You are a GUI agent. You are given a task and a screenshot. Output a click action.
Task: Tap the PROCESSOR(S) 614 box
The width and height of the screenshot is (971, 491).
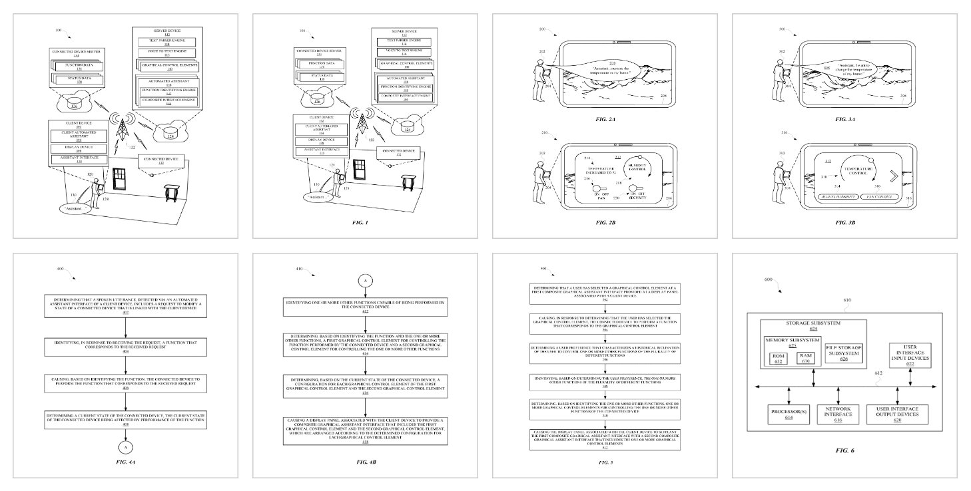[x=788, y=413]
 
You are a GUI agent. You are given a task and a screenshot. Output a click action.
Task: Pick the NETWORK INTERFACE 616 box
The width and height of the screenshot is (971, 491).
[x=838, y=413]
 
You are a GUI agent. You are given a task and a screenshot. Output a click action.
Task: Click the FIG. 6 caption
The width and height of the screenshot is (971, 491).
[x=844, y=451]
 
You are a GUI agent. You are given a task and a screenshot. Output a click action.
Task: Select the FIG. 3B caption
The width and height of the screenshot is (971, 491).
[x=844, y=222]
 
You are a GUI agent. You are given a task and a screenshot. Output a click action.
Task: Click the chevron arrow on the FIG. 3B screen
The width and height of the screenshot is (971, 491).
[x=886, y=176]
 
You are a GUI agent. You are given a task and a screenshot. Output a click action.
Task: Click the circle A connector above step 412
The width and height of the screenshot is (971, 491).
[x=365, y=281]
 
